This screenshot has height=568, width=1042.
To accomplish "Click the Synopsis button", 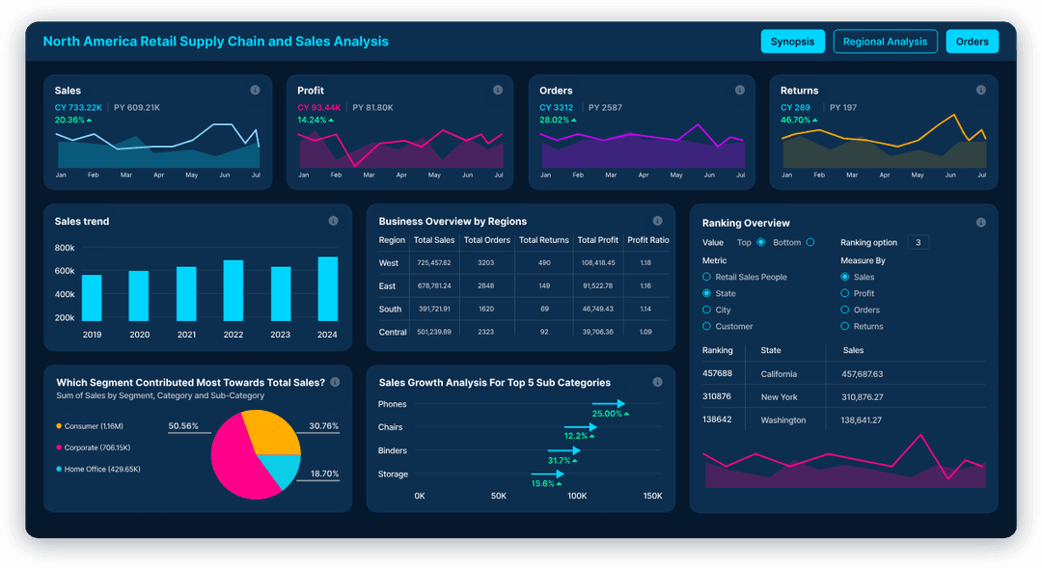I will tap(793, 41).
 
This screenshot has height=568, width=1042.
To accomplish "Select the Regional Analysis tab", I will tap(885, 41).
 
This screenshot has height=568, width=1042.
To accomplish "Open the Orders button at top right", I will tap(972, 41).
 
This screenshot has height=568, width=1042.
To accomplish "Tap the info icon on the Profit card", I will tap(498, 90).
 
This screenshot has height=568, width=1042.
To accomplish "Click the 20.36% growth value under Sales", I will tap(69, 121).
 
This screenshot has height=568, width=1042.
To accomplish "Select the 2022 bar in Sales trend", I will tap(233, 290).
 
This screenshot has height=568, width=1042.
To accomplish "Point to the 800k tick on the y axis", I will tap(65, 248).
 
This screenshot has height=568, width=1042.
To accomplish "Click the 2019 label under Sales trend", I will tap(92, 335).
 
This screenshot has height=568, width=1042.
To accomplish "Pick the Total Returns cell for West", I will tap(544, 263).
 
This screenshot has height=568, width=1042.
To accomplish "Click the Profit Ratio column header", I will tap(647, 240).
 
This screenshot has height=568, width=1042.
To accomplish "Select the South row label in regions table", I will tap(390, 310).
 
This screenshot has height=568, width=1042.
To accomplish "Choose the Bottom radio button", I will tap(809, 242).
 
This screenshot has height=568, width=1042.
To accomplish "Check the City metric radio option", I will tap(706, 310).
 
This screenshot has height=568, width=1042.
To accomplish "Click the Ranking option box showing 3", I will tap(918, 242).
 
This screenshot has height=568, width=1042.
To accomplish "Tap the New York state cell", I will tap(779, 396).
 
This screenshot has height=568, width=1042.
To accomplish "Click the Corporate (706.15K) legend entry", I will tap(96, 447).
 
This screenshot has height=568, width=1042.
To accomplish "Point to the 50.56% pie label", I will tap(183, 425).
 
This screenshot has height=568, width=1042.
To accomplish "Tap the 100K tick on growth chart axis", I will tap(576, 496).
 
